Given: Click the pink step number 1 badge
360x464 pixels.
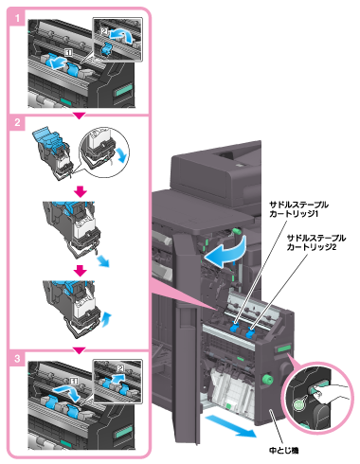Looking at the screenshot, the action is (17, 18).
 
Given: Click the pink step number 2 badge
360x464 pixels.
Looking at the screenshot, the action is (17, 122).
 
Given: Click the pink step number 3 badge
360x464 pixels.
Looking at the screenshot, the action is (17, 358).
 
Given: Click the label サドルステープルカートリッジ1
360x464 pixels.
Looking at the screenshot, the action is (298, 209).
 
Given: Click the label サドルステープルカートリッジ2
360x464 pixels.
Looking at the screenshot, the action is (316, 242).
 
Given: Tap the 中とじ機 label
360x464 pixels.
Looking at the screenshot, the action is (283, 450).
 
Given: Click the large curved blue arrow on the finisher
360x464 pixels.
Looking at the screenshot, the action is (225, 252).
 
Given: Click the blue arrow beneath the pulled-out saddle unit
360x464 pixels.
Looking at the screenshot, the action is (230, 425).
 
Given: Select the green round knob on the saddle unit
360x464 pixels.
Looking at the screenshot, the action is (268, 379).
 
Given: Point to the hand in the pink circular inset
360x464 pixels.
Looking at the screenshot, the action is (332, 393).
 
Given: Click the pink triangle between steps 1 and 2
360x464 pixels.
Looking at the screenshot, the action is (80, 116).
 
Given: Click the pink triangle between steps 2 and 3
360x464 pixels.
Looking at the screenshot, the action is (80, 350).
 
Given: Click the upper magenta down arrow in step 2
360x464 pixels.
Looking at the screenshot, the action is (81, 191).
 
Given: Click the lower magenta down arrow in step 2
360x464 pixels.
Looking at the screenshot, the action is (81, 271).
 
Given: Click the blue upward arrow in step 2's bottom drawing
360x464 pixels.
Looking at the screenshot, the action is (107, 320).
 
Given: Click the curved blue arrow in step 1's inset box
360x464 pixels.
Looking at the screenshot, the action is (121, 34).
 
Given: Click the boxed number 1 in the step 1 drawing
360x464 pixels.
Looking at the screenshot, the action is (68, 52).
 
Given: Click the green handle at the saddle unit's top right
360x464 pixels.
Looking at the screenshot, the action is (284, 348).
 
